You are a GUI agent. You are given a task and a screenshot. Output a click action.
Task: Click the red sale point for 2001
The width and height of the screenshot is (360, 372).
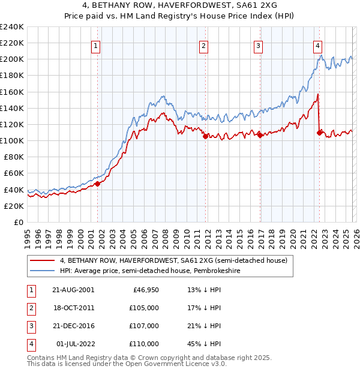coord(98,184)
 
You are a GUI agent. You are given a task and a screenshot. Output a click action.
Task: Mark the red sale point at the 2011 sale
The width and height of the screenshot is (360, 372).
coord(205,136)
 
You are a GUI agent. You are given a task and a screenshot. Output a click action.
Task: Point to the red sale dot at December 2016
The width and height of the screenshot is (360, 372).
coord(260,135)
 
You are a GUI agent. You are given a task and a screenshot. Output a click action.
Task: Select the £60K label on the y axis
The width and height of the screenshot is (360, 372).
coord(13,173)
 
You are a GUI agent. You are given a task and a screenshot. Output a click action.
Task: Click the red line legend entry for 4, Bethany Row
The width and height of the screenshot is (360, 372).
coord(174,260)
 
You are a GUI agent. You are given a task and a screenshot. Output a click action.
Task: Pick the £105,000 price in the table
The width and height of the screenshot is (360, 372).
coord(143,307)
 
